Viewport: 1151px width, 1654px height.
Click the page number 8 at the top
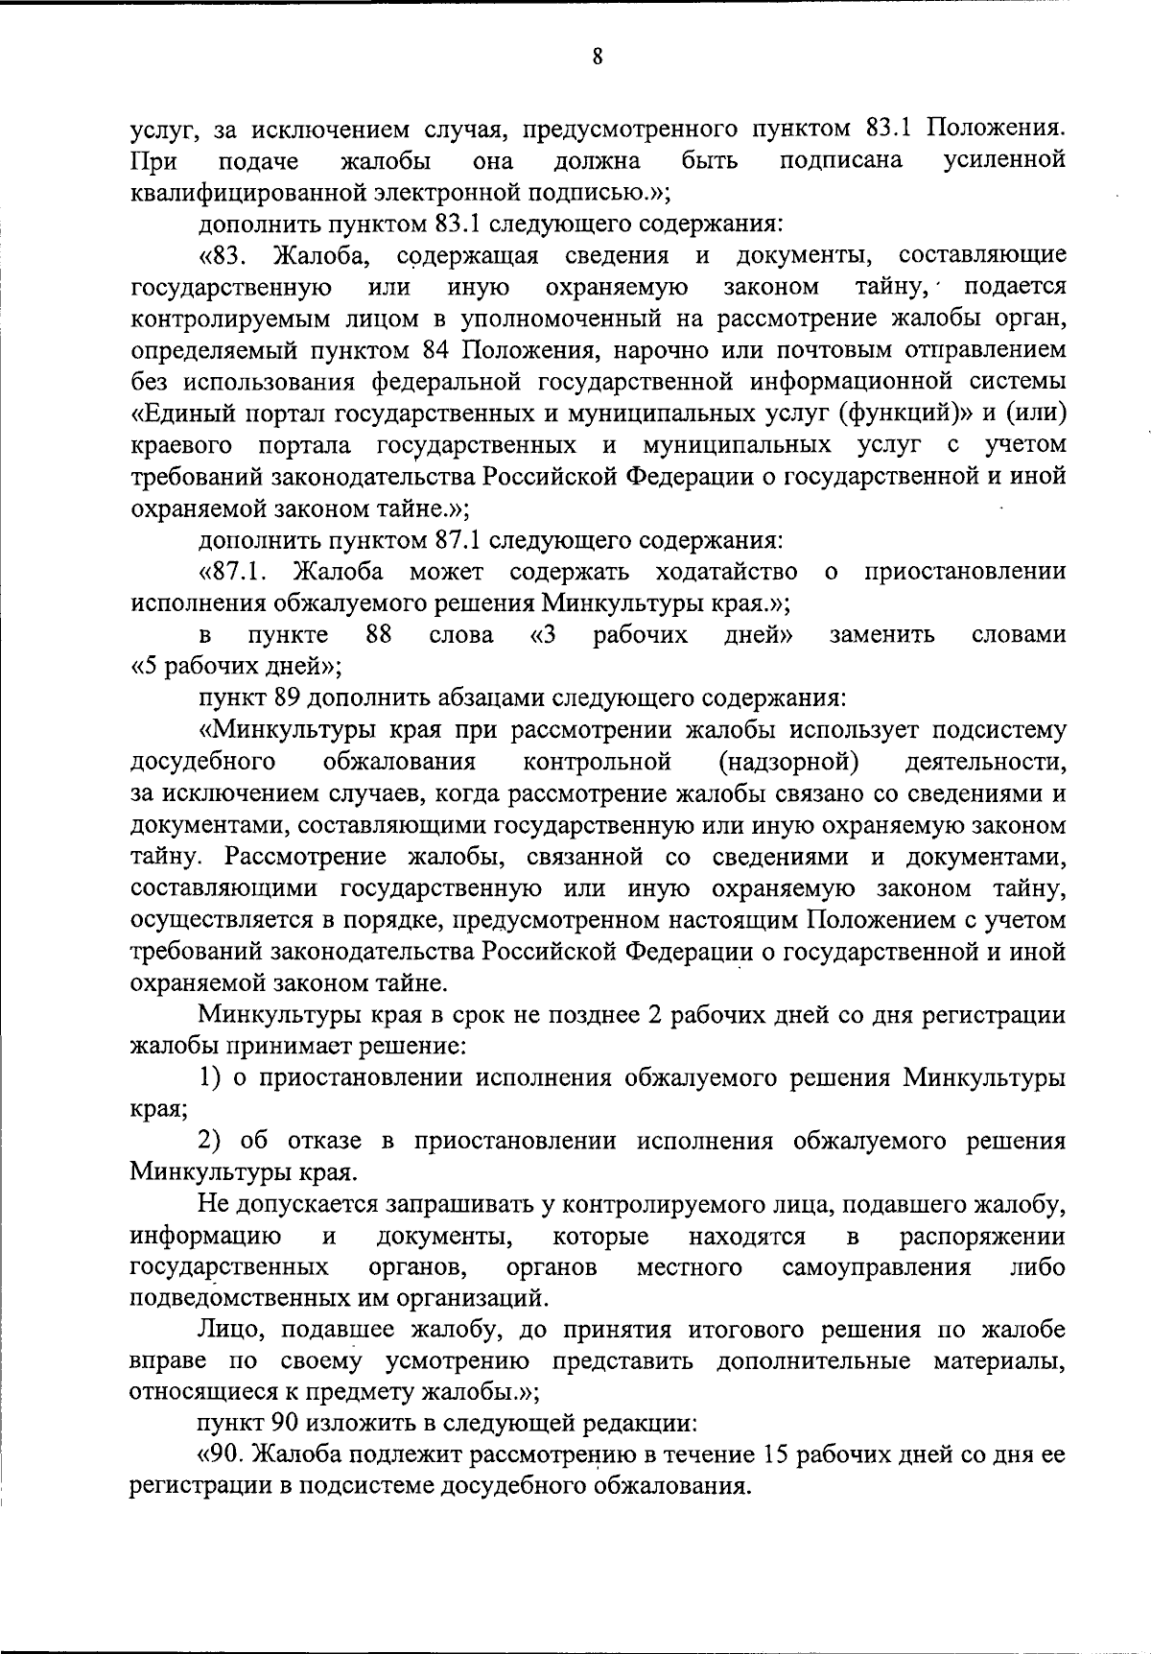point(597,57)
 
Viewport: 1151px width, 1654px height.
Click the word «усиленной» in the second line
point(1004,160)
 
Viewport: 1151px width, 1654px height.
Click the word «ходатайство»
point(726,572)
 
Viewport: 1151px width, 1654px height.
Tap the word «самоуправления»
point(877,1267)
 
